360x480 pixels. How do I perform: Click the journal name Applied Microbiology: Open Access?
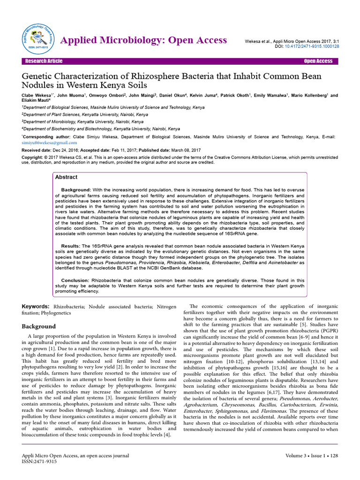point(144,40)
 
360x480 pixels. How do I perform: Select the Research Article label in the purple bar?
point(44,61)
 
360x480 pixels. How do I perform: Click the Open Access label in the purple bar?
point(318,61)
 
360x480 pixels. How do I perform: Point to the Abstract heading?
point(67,178)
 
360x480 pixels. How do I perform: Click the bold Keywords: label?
point(36,306)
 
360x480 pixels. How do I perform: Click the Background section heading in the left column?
point(39,326)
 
